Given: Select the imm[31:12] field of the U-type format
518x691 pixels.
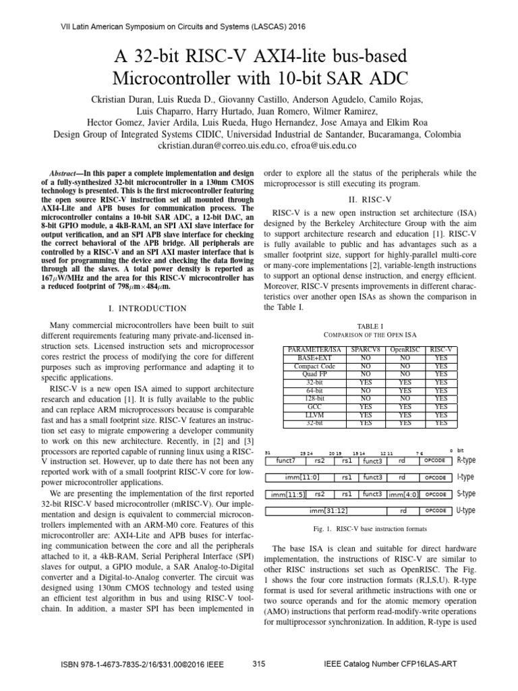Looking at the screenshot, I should pos(326,511).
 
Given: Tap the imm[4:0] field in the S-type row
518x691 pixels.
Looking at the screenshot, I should pos(404,494).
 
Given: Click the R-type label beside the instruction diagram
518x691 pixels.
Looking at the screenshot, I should pos(467,461).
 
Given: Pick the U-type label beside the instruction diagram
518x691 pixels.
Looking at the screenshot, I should pos(467,511).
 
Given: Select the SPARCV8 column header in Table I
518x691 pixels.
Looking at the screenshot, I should pos(365,350).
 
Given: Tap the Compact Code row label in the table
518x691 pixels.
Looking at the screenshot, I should pos(314,366).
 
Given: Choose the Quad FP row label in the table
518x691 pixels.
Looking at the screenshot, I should pos(314,374).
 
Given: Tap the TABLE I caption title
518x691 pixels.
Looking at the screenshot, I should pos(369,325).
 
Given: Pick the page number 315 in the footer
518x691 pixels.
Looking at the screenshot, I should pos(258,664).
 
